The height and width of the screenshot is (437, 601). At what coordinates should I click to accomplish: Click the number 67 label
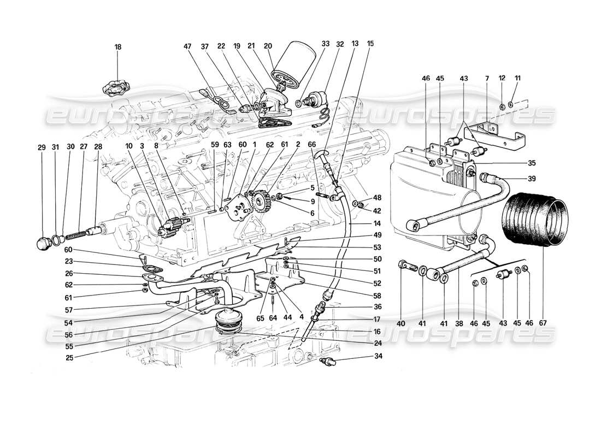(x=544, y=323)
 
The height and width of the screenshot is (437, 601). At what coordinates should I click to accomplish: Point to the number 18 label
(x=117, y=47)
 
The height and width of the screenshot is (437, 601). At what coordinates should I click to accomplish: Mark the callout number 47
(x=188, y=47)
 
